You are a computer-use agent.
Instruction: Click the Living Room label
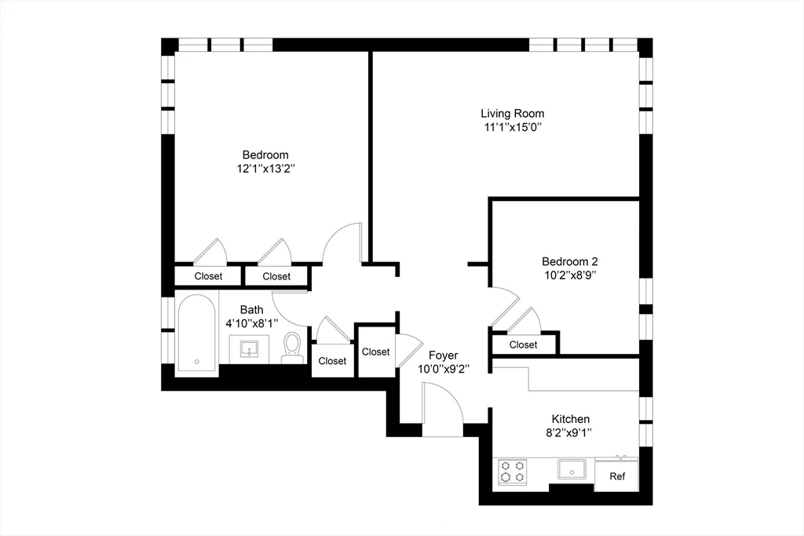tap(512, 113)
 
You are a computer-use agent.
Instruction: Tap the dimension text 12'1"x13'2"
tap(265, 169)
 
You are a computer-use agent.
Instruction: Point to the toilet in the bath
tap(292, 348)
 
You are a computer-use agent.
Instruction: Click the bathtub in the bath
tap(196, 336)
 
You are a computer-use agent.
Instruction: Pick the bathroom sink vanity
tap(250, 349)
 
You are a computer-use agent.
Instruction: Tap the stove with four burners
tap(512, 472)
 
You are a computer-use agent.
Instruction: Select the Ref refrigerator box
tap(617, 476)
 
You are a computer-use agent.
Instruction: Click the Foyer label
tap(443, 355)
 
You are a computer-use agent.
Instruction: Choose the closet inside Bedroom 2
tap(523, 345)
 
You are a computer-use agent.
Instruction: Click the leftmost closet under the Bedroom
tap(208, 276)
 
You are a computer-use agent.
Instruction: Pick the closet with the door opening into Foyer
tap(375, 352)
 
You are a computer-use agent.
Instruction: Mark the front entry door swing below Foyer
tap(441, 405)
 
